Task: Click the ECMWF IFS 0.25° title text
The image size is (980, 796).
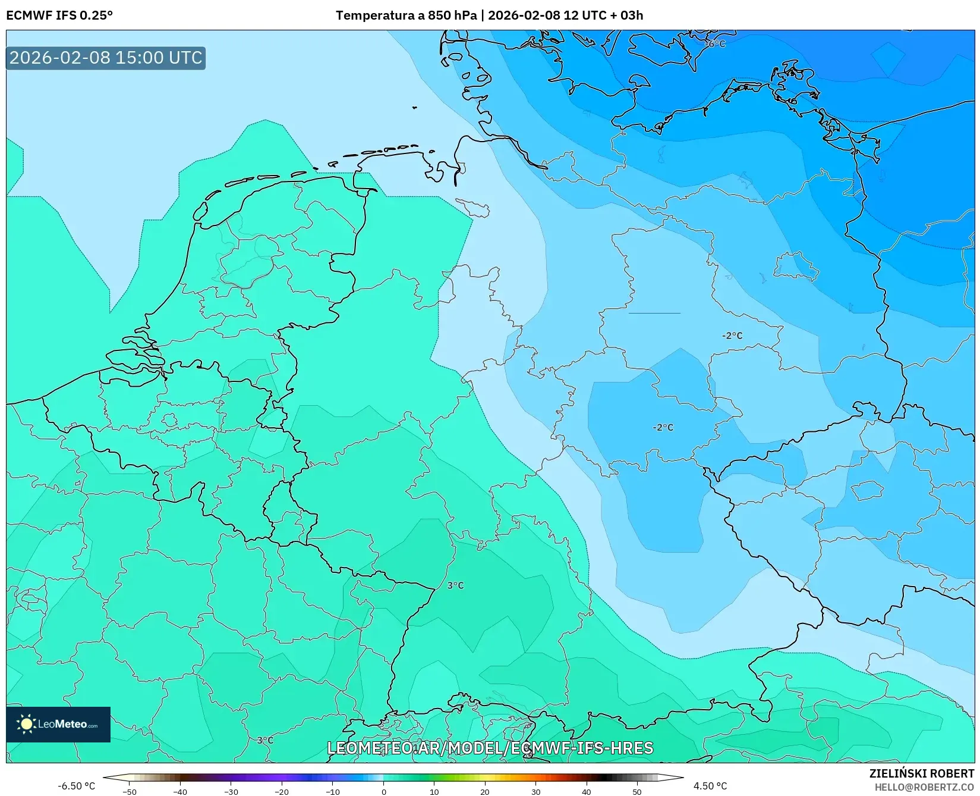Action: pyautogui.click(x=59, y=15)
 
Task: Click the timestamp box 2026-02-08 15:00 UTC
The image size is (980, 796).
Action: pyautogui.click(x=106, y=58)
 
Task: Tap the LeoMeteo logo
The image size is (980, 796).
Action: pyautogui.click(x=58, y=724)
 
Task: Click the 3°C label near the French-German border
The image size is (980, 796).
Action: pyautogui.click(x=455, y=585)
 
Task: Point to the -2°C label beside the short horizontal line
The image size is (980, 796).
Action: pyautogui.click(x=732, y=336)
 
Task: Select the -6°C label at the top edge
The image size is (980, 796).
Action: pyautogui.click(x=715, y=44)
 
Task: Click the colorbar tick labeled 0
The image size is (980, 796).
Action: pyautogui.click(x=383, y=791)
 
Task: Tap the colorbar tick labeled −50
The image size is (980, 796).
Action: pyautogui.click(x=129, y=791)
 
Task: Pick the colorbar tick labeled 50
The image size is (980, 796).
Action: pyautogui.click(x=637, y=791)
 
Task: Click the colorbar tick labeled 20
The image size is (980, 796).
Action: pyautogui.click(x=485, y=791)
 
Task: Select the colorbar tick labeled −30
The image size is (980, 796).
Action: pyautogui.click(x=231, y=791)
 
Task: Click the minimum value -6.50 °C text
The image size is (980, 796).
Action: pyautogui.click(x=76, y=786)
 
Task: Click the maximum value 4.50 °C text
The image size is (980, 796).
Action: pyautogui.click(x=710, y=786)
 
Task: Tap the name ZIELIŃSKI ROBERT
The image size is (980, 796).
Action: pyautogui.click(x=922, y=773)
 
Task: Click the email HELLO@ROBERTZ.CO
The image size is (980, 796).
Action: pyautogui.click(x=924, y=787)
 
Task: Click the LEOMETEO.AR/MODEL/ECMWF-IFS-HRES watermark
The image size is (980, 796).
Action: pyautogui.click(x=490, y=748)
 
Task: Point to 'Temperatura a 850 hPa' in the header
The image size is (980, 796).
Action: pyautogui.click(x=406, y=15)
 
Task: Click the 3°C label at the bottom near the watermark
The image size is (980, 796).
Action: pyautogui.click(x=265, y=740)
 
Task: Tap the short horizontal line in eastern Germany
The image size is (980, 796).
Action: pyautogui.click(x=654, y=313)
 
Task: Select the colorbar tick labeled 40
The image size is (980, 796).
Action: pyautogui.click(x=587, y=791)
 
